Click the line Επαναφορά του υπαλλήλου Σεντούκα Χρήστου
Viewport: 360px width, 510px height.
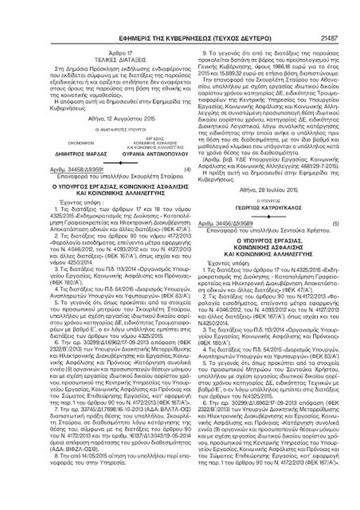(253, 227)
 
